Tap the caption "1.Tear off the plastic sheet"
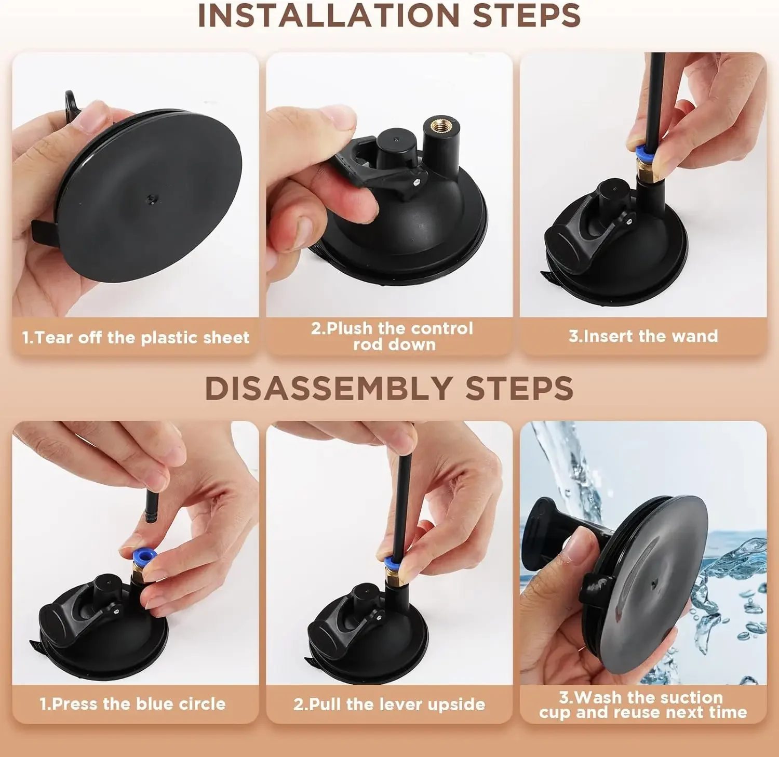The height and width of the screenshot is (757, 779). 136,338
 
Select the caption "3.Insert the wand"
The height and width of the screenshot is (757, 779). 643,336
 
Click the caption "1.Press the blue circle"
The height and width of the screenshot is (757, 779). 133,704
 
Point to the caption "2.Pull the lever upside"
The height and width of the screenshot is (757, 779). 389,705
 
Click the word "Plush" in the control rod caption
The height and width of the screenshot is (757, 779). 350,328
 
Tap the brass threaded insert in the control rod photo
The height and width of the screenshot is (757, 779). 437,126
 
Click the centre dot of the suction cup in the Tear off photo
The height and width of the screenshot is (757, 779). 151,198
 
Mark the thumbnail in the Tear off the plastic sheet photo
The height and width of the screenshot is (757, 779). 88,117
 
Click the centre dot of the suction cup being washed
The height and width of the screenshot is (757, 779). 653,586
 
